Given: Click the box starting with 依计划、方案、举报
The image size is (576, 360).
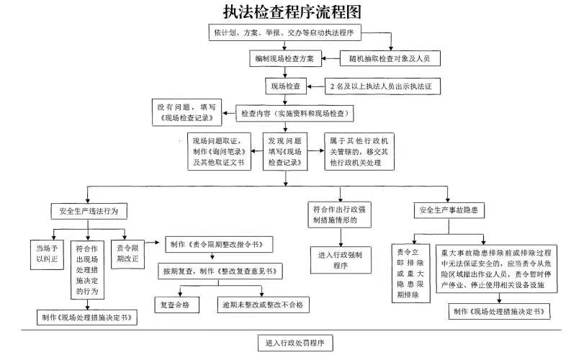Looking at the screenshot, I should coord(284,33).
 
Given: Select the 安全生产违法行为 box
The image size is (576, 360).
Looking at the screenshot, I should coord(89,211).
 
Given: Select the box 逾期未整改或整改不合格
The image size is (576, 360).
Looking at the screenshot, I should coord(263,305).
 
